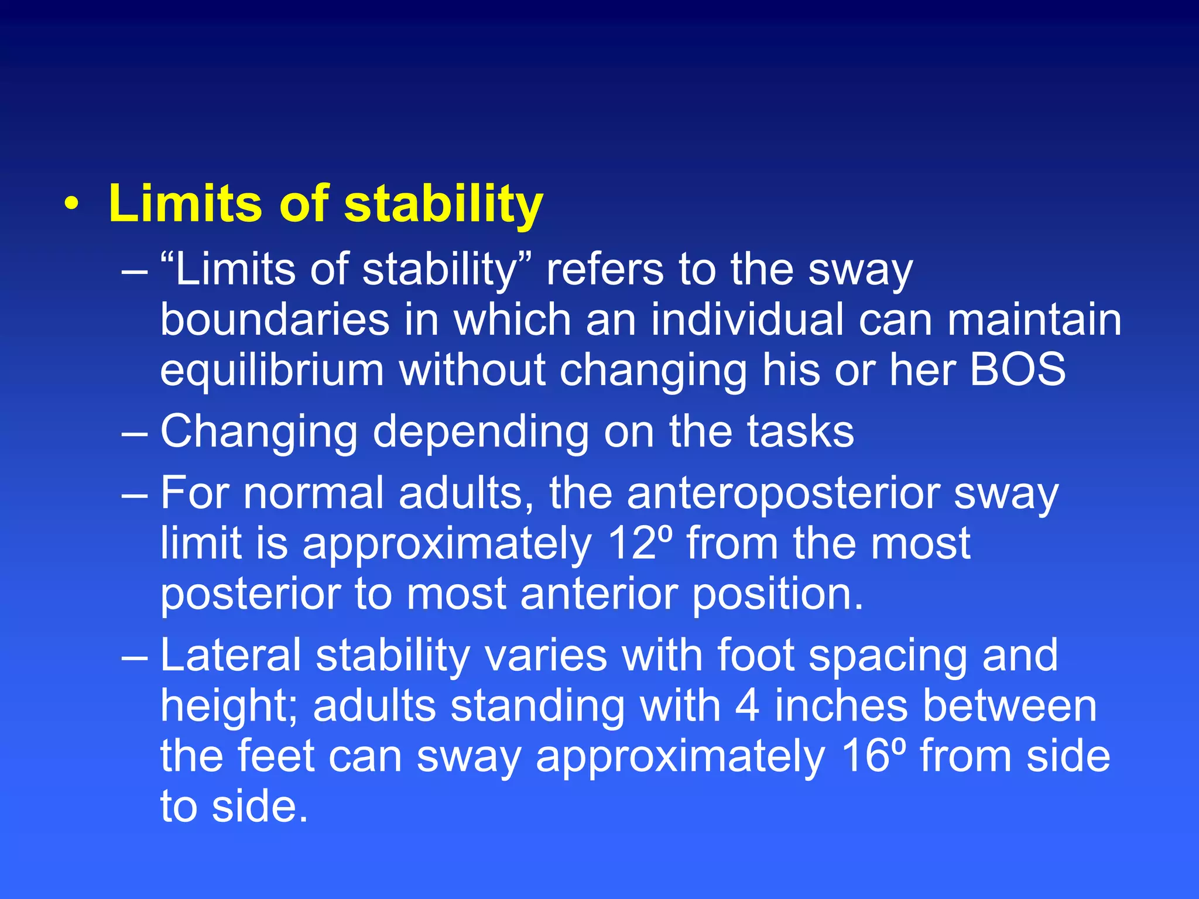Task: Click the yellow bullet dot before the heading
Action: click(71, 204)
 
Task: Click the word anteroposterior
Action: click(783, 493)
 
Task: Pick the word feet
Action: click(276, 756)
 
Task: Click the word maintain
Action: click(1034, 320)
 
